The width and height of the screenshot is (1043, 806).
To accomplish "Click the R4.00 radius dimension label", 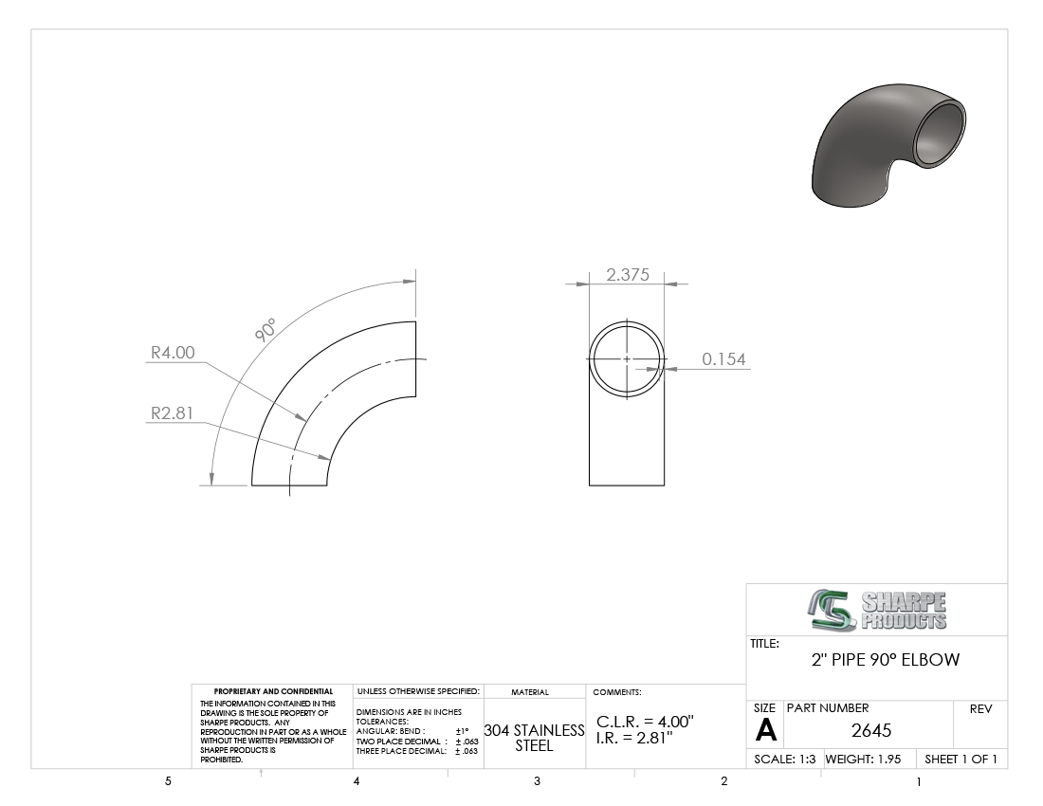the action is [173, 353].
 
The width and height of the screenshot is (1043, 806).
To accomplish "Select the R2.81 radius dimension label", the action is [173, 413].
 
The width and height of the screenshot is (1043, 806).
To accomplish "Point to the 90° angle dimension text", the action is [265, 330].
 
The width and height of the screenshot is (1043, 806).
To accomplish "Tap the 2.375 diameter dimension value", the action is [628, 275].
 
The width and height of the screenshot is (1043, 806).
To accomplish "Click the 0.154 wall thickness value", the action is [723, 359].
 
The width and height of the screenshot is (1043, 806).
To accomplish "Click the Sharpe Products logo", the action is [877, 610].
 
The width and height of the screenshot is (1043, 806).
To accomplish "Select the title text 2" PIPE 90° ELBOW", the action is [886, 660].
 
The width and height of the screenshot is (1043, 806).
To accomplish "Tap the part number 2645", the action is [871, 731].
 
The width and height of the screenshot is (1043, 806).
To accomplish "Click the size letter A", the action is [765, 731].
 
